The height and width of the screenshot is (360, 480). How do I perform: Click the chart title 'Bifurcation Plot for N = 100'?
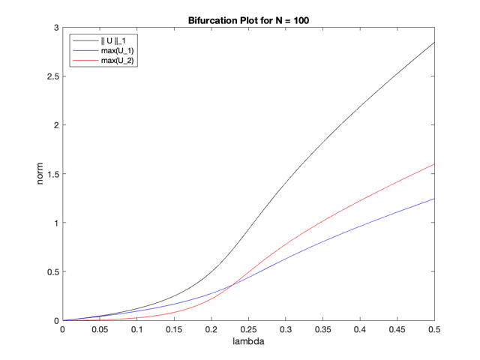coord(248,19)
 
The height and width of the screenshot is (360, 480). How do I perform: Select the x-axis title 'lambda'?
coord(248,343)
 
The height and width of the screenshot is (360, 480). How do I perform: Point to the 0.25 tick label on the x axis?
coord(248,329)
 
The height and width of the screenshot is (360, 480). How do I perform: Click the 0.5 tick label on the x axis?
coord(434,329)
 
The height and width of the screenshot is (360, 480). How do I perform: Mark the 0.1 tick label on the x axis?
coord(136,329)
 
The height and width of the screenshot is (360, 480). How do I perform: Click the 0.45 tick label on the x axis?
coord(397,329)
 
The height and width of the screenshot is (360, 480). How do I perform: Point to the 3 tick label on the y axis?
coord(55,28)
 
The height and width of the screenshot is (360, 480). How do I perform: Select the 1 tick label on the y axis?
coord(55,223)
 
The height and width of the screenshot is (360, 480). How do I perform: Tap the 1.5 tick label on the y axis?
coord(52,174)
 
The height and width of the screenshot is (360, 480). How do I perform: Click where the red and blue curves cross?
coord(232,283)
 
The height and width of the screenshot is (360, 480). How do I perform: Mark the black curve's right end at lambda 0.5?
coord(434,43)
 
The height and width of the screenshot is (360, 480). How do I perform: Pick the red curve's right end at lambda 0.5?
coord(434,164)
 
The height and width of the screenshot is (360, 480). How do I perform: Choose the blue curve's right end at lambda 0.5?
coord(434,199)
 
